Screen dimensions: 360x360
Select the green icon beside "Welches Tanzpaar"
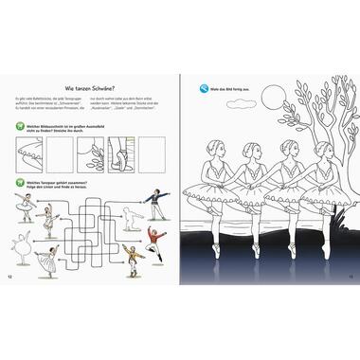(21, 183)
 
